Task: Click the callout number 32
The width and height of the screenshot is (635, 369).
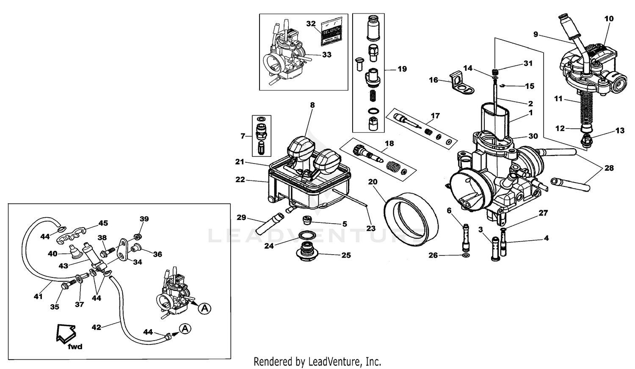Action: pyautogui.click(x=311, y=24)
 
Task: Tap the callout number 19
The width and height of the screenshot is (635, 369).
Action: pyautogui.click(x=402, y=69)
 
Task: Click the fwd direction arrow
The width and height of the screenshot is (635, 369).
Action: pyautogui.click(x=66, y=332)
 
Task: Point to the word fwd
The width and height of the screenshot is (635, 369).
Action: pyautogui.click(x=75, y=347)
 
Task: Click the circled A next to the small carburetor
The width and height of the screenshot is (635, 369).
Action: pyautogui.click(x=204, y=308)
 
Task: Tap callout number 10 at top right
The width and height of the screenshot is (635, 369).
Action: pyautogui.click(x=609, y=19)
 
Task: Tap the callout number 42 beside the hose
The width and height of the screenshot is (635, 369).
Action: pyautogui.click(x=97, y=327)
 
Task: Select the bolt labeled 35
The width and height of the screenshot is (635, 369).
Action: pyautogui.click(x=66, y=286)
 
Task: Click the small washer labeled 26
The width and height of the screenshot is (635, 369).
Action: pyautogui.click(x=466, y=256)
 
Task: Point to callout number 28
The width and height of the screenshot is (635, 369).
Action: pyautogui.click(x=609, y=168)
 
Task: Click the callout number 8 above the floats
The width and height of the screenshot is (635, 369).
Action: pyautogui.click(x=312, y=104)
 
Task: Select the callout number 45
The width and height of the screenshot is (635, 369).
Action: pyautogui.click(x=103, y=223)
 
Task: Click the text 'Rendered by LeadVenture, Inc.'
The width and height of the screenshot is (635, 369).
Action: pyautogui.click(x=317, y=362)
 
